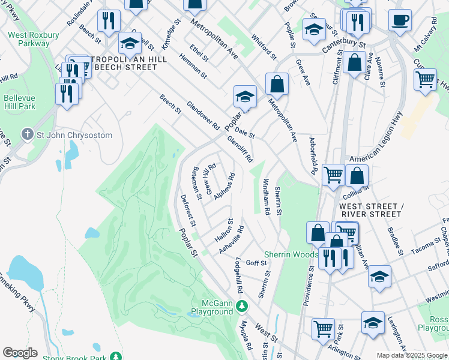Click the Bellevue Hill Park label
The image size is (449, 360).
click(x=19, y=101)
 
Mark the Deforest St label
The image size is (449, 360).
click(x=188, y=210)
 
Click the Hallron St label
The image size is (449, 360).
click(x=223, y=231)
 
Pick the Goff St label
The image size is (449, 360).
click(x=256, y=263)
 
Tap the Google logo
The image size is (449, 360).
click(x=20, y=353)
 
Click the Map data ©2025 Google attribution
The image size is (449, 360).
click(x=411, y=355)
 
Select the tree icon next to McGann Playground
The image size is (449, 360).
click(x=241, y=307)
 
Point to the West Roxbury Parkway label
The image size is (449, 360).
click(x=34, y=40)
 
